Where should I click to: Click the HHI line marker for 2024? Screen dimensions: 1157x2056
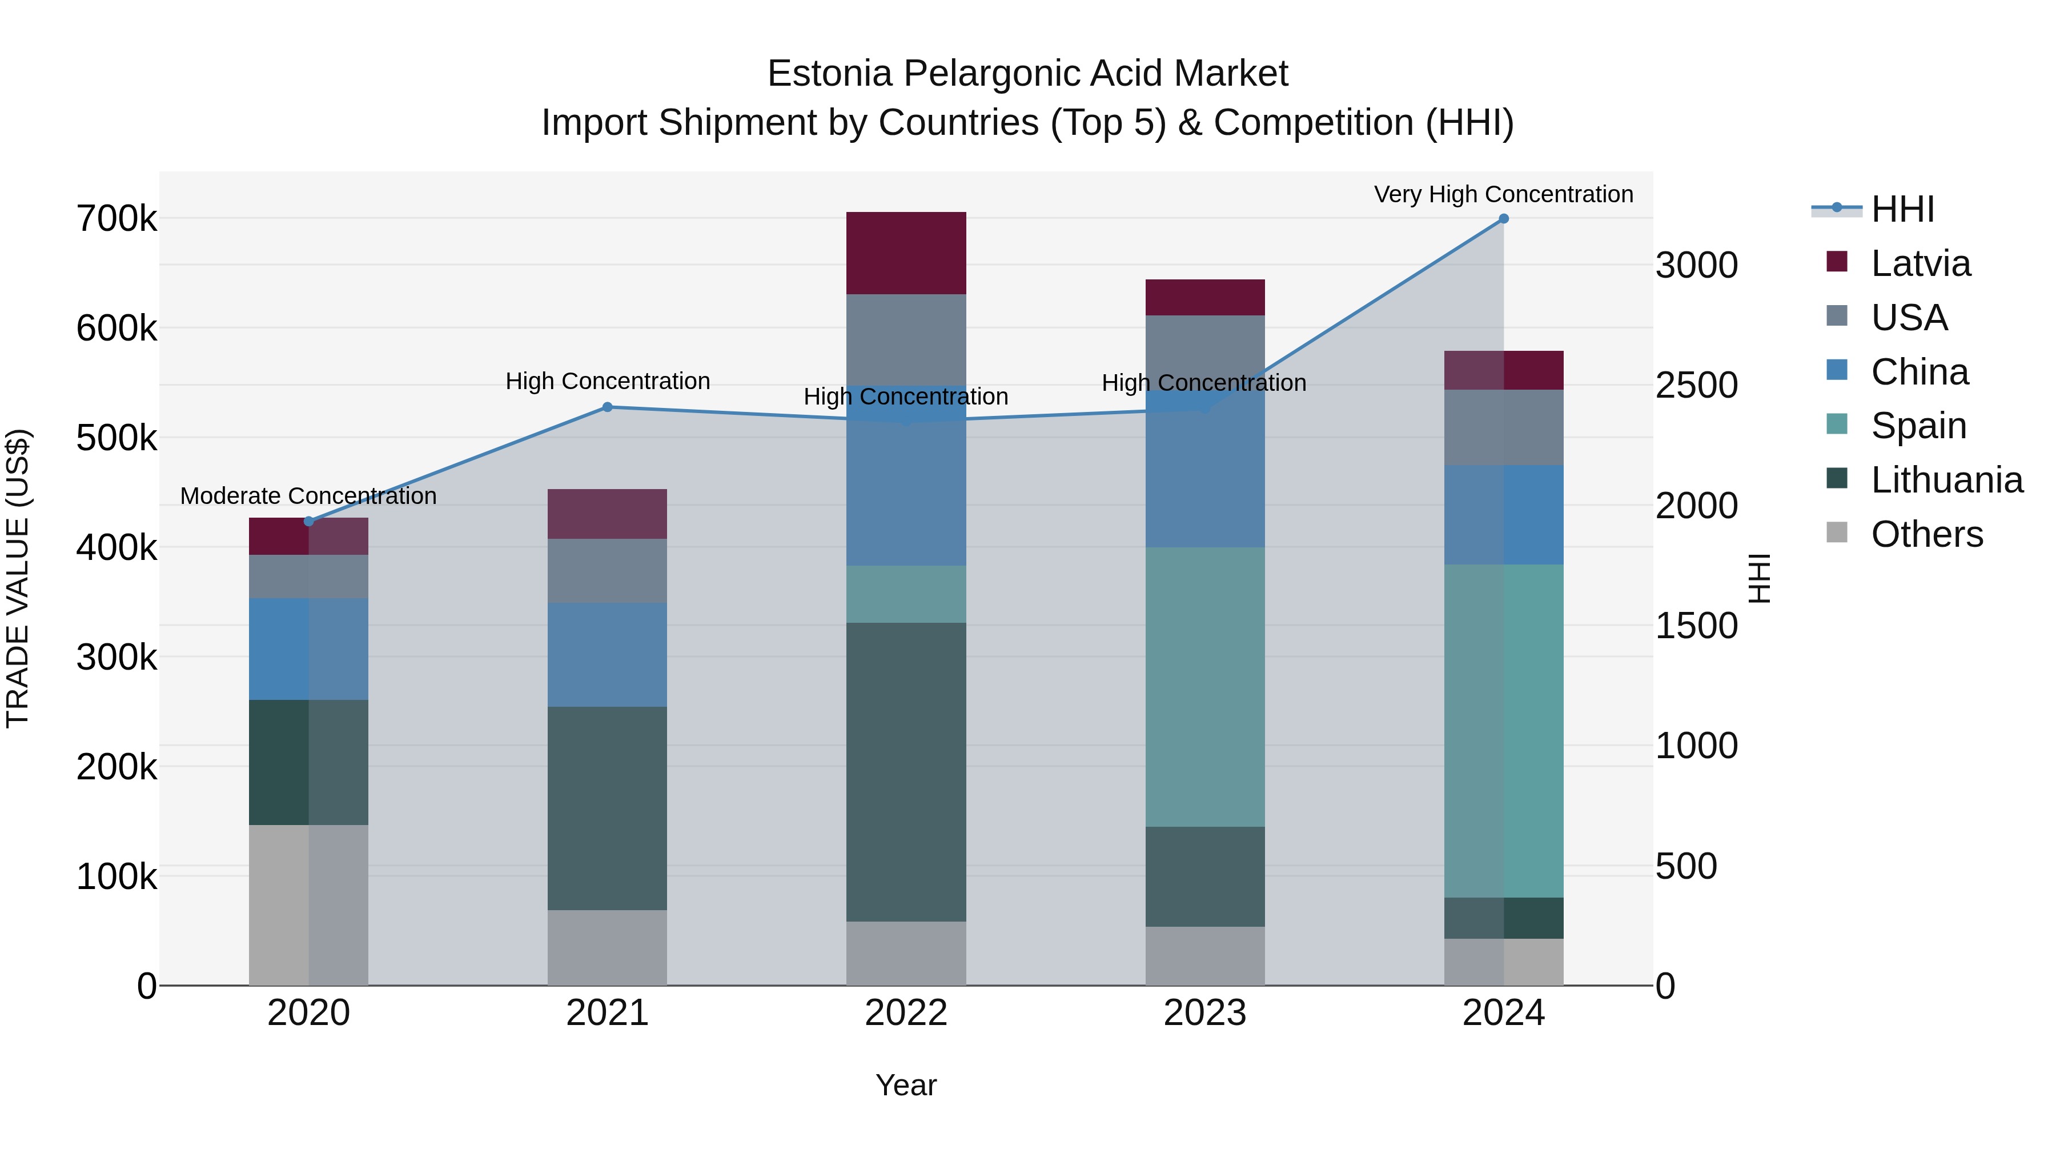click(1504, 219)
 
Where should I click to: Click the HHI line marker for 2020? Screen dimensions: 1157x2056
click(309, 522)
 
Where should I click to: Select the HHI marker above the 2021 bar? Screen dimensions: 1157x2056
click(608, 407)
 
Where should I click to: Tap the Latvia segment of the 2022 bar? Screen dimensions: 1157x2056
click(906, 253)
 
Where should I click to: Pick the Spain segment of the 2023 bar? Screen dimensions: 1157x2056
click(1205, 687)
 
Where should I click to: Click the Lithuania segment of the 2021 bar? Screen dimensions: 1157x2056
click(608, 808)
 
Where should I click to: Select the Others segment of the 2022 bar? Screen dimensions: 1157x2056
click(906, 954)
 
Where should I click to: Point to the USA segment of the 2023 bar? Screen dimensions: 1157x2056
click(1205, 351)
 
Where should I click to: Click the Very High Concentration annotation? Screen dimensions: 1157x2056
click(1504, 194)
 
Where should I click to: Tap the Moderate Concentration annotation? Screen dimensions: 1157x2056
click(309, 496)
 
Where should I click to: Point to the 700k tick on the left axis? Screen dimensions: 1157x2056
click(117, 219)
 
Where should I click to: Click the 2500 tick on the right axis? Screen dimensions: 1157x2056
click(1696, 385)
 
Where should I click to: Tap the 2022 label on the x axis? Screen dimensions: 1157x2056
click(906, 1013)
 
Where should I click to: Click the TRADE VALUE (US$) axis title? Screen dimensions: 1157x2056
click(18, 578)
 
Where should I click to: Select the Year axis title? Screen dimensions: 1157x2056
click(906, 1085)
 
